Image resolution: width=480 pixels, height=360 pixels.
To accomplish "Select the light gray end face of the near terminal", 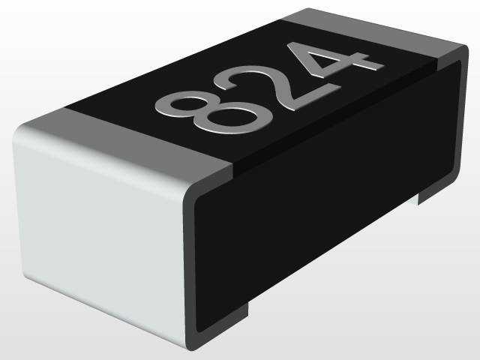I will [x=97, y=225].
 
